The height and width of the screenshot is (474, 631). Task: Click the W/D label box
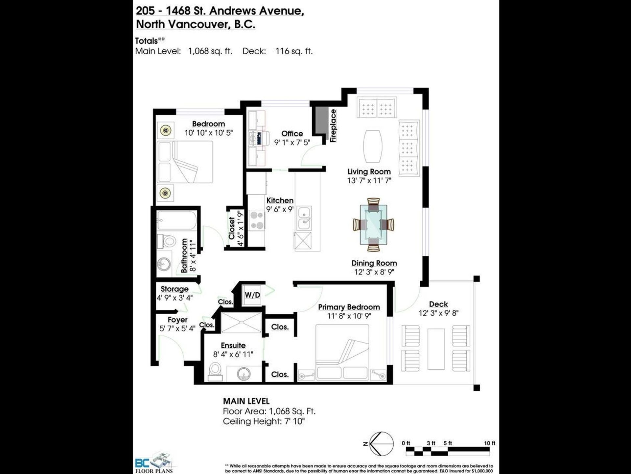tap(252, 295)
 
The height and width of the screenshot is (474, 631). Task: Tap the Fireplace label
tap(333, 126)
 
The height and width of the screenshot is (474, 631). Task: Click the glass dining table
tap(373, 225)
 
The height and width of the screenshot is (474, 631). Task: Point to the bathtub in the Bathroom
tap(176, 220)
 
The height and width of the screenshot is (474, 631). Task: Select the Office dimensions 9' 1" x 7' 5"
tap(292, 142)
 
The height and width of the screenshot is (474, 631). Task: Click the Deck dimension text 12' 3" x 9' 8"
tap(438, 313)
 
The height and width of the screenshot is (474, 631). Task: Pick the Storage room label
tap(175, 289)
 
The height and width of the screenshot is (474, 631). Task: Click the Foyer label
tap(177, 320)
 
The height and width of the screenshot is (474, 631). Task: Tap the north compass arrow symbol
tap(381, 444)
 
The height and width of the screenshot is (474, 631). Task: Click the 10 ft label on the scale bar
tap(489, 443)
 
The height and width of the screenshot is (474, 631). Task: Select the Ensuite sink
tap(244, 373)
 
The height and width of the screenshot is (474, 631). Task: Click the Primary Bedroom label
tap(349, 307)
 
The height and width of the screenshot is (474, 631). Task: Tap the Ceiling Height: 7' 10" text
tap(264, 421)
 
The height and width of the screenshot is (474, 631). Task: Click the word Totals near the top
tap(147, 41)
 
